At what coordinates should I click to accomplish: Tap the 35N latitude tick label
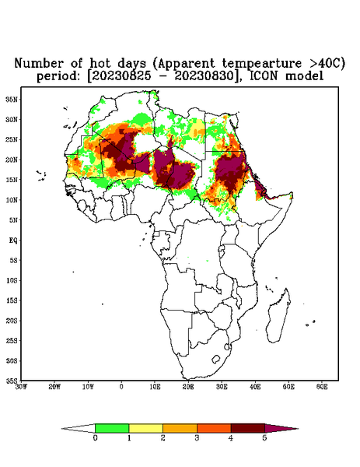tap(12, 100)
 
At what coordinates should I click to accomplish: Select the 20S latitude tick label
tap(12, 321)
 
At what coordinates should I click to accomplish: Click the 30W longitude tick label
tap(21, 387)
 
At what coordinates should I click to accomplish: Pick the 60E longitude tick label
tap(322, 387)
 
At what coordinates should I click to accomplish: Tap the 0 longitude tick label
tap(121, 387)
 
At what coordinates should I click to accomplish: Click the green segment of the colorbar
tap(112, 429)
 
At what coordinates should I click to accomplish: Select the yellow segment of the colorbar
tap(145, 429)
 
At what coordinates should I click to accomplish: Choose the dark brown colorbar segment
tap(248, 429)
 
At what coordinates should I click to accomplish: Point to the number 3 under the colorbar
tap(197, 438)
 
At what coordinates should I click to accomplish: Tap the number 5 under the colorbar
tap(264, 438)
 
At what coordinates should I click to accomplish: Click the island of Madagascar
tap(278, 316)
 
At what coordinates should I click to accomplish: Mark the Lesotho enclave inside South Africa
tap(216, 359)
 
